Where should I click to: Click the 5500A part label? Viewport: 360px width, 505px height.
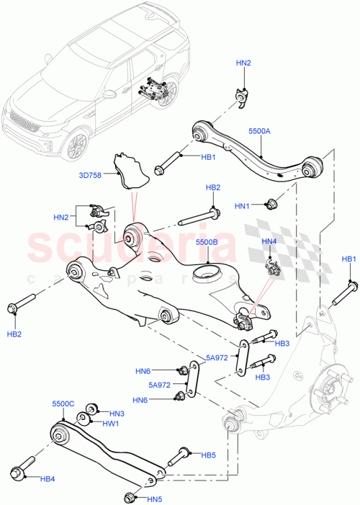click(x=260, y=133)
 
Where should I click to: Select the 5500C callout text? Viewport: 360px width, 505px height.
click(x=63, y=404)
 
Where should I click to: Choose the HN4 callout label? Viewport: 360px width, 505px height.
click(x=269, y=241)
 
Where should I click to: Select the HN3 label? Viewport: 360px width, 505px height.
click(x=116, y=414)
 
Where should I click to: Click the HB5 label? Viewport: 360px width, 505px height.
click(x=208, y=455)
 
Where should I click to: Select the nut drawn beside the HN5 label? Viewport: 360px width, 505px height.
click(x=130, y=496)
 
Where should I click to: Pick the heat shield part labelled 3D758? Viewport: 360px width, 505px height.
click(x=129, y=168)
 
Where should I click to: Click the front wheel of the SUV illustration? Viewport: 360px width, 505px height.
click(x=74, y=146)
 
